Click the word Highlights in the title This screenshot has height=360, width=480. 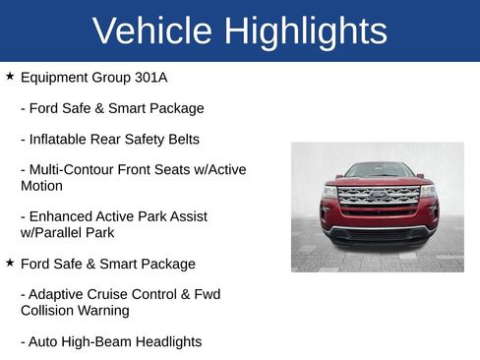[305, 30]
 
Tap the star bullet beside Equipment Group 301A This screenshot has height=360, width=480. [10, 75]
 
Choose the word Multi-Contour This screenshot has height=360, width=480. [75, 170]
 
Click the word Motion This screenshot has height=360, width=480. [41, 186]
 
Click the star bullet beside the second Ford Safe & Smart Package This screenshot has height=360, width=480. [10, 263]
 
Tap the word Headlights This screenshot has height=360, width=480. [168, 341]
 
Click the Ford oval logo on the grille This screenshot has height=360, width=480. [378, 196]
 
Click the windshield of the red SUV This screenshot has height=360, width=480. [379, 170]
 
